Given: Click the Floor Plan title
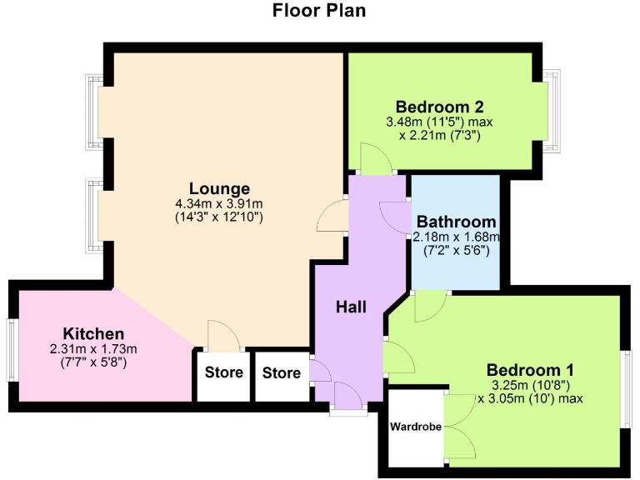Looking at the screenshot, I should (x=319, y=11).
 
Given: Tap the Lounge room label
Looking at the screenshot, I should (x=219, y=188).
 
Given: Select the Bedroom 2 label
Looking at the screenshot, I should (x=440, y=107).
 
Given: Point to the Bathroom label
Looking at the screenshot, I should (x=456, y=222).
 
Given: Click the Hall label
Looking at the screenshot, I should (x=351, y=307).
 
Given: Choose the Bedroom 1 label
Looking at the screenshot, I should (x=531, y=369).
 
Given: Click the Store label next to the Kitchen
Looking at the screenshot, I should (x=223, y=372).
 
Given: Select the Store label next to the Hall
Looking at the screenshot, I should (x=282, y=372).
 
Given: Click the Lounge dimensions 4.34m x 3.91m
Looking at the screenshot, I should (x=219, y=203).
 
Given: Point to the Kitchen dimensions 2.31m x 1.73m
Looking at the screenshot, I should (x=93, y=349).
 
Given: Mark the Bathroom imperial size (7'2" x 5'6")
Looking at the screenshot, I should (x=455, y=250).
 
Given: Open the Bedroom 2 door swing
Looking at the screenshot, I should (x=372, y=159).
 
